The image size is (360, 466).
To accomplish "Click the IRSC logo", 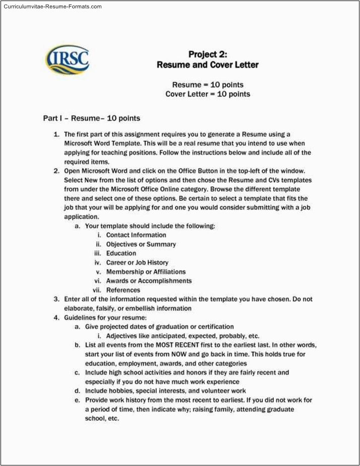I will pos(67,61).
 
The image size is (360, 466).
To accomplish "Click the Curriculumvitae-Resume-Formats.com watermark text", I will pos(51,7).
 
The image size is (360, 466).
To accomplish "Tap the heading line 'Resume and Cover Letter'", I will pos(207,65).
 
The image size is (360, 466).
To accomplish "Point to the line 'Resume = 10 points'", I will pos(208,85).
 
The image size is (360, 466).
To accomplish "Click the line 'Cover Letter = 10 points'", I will pos(208,94).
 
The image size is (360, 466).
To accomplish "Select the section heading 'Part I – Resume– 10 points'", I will pos(91,119).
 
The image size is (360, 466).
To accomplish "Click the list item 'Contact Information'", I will pos(136,235).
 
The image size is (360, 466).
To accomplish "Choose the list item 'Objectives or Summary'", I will pos(141,244).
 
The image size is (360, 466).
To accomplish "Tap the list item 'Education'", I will pos(121,253).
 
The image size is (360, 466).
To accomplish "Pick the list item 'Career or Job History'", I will pos(137,262).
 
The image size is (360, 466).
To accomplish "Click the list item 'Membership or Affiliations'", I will pos(146,271).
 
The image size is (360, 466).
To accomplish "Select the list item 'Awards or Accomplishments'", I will pos(149,280).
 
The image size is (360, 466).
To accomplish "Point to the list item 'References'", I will pos(123,290).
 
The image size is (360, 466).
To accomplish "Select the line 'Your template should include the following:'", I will pos(150,226).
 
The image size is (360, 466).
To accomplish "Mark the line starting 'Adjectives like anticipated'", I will pos(183,336).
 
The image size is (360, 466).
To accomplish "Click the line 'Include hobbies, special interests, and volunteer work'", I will pos(165,390).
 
